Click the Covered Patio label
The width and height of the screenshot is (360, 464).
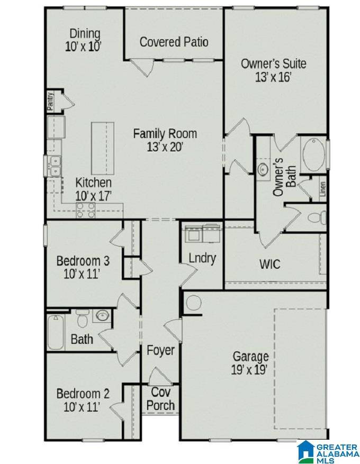tap(174, 42)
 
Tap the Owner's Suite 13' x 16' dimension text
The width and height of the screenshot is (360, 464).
tap(273, 77)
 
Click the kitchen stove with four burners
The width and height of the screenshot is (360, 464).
tap(86, 210)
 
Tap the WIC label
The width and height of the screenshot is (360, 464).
tap(269, 263)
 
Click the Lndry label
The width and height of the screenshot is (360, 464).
tap(202, 258)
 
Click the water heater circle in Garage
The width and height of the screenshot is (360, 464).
tap(193, 303)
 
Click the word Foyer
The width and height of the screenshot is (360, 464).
tap(160, 350)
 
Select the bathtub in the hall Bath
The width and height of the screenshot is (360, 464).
tap(55, 332)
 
